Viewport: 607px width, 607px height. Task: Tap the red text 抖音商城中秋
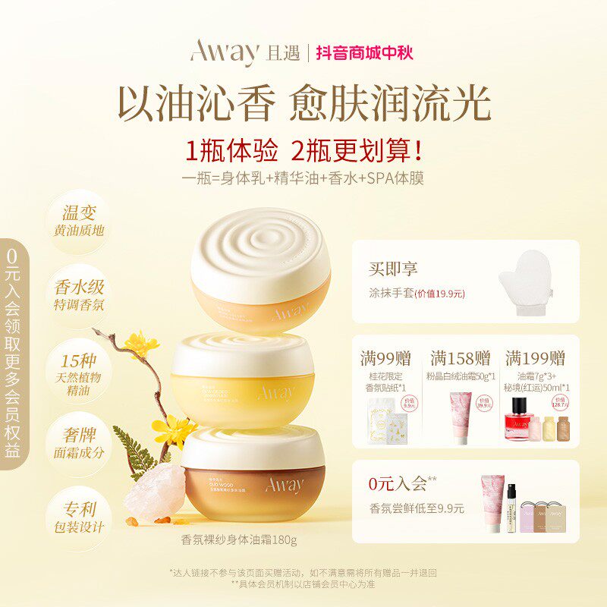tap(364, 53)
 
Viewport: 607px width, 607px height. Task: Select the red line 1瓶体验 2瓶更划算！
tap(303, 150)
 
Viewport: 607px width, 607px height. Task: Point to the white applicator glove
tap(525, 282)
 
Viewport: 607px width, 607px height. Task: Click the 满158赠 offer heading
tap(460, 357)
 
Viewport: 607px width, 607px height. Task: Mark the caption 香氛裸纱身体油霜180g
tap(238, 540)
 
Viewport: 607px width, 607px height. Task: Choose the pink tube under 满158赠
tap(462, 417)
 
